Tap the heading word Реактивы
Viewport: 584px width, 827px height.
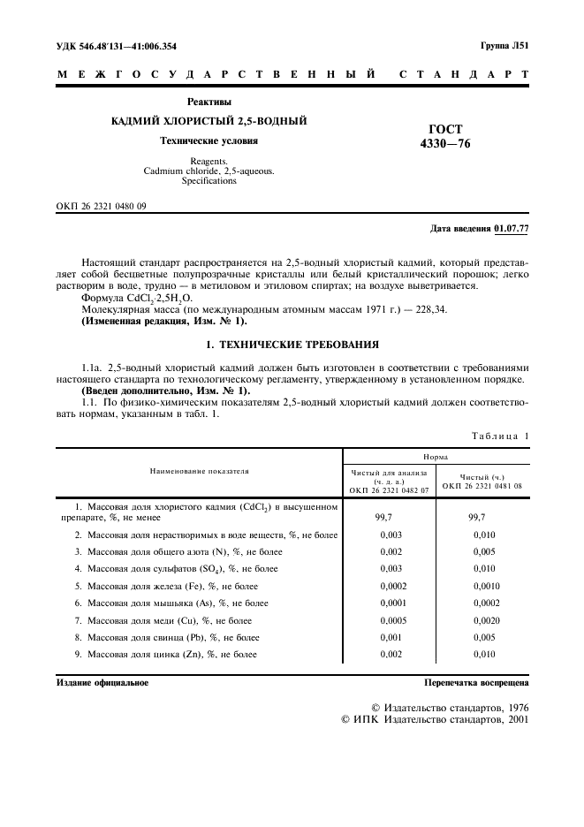tap(209, 102)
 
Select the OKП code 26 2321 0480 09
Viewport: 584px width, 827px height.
tap(102, 206)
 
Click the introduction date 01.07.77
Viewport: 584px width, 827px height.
tap(512, 229)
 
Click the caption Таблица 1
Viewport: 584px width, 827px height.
tap(499, 436)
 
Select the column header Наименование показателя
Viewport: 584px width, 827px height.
tap(199, 472)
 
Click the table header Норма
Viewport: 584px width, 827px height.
tap(436, 457)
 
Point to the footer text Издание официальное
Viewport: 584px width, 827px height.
tap(102, 683)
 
